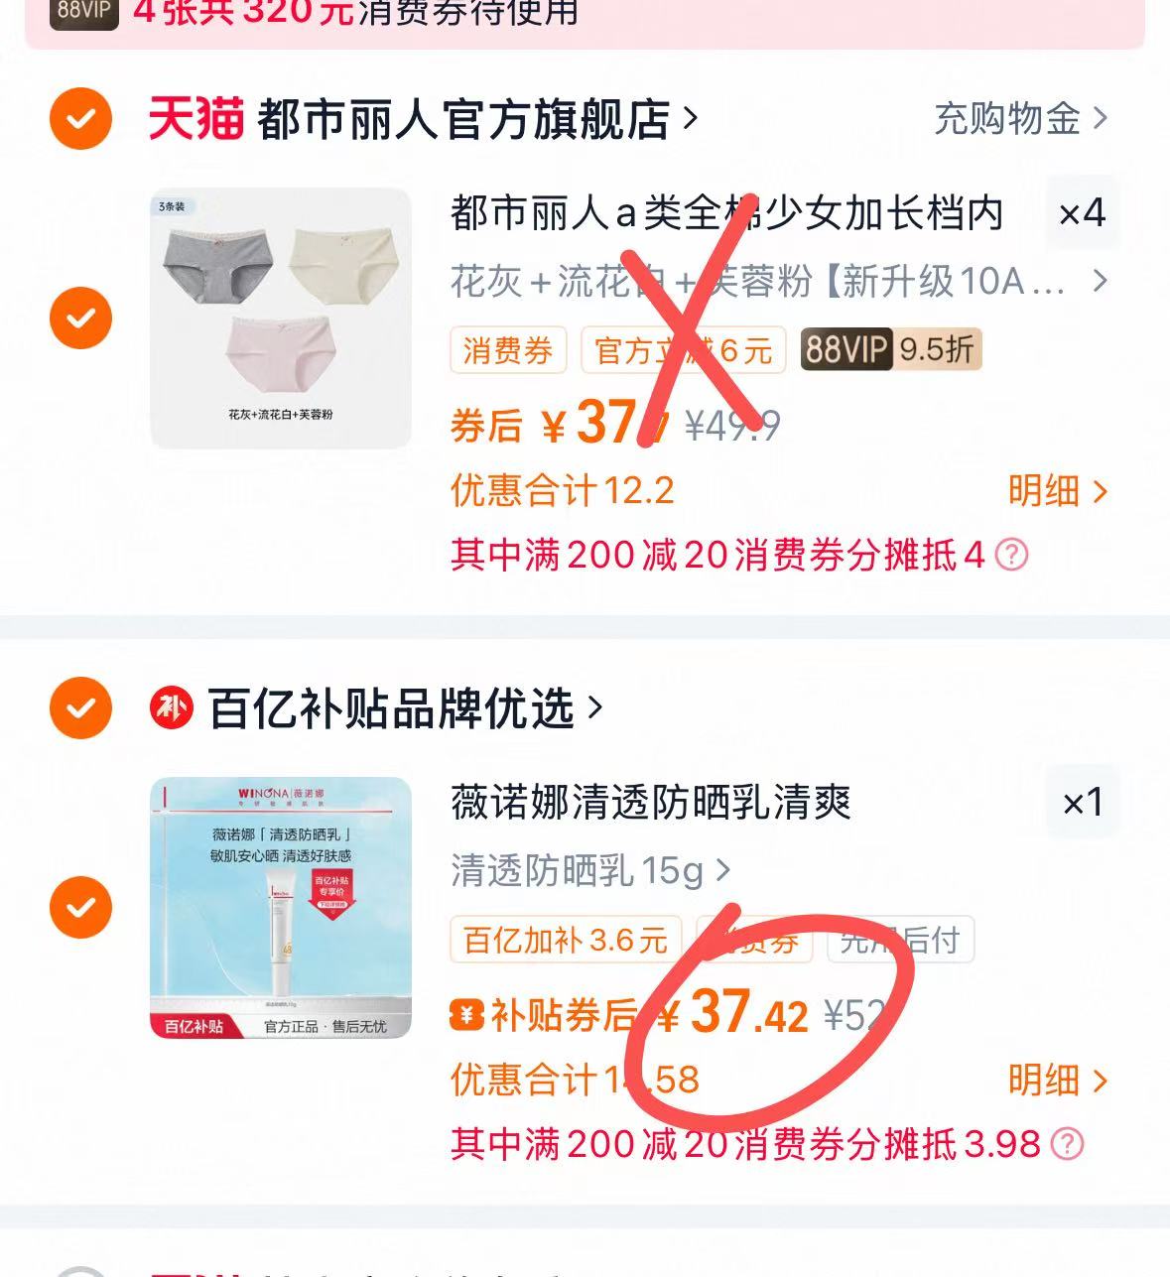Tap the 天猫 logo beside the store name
(x=195, y=119)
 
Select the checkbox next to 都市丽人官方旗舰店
(x=80, y=119)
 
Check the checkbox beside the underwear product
(x=80, y=318)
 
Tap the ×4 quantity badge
(x=1081, y=212)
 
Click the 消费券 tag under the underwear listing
(x=507, y=350)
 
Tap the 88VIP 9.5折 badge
(x=890, y=349)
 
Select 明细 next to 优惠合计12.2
(x=1056, y=491)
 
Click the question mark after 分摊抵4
(x=1011, y=555)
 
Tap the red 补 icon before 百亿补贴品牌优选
(x=171, y=708)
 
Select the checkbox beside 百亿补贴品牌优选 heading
(x=80, y=708)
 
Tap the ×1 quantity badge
(x=1082, y=802)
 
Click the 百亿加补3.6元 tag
(x=565, y=940)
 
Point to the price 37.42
(x=748, y=1014)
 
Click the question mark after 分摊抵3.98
(x=1067, y=1144)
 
